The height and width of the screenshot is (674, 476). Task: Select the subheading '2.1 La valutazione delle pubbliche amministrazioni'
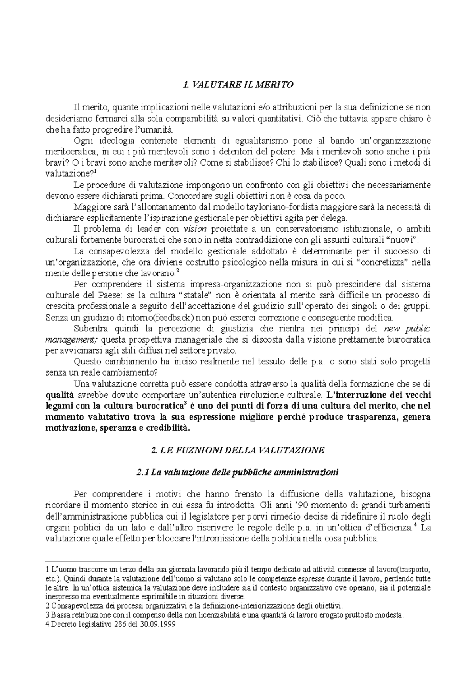[x=237, y=472]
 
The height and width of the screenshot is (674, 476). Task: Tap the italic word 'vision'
[x=193, y=229]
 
